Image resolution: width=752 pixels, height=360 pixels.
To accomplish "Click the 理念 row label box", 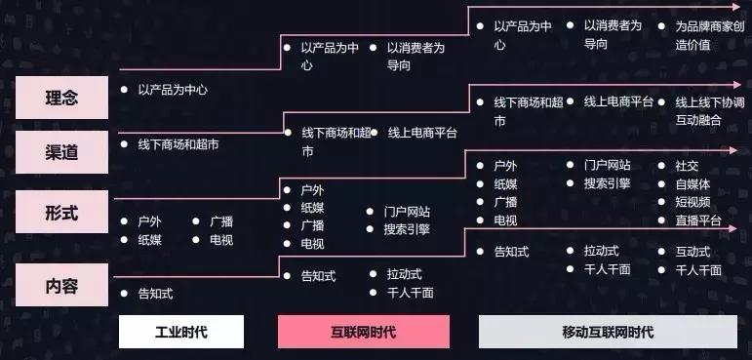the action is pos(61,98).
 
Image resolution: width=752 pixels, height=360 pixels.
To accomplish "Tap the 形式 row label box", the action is pos(61,211).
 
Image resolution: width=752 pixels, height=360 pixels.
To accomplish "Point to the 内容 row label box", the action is pos(61,286).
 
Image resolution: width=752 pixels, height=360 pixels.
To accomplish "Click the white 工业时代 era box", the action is pos(180,332).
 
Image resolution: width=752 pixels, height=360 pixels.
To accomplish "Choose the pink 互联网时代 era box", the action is pos(364,332).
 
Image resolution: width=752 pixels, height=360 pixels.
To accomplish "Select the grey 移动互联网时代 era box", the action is pos(609,332).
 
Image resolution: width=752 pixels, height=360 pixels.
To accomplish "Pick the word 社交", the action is pos(687,165).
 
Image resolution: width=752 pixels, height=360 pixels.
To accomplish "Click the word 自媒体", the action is pos(693,183).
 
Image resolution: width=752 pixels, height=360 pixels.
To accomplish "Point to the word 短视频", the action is pos(693,202).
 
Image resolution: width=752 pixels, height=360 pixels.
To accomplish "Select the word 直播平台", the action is pos(698,220).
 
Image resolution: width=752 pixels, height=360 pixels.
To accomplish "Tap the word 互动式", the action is pos(693,252).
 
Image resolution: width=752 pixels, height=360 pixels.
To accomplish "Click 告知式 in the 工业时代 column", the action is pos(155,293).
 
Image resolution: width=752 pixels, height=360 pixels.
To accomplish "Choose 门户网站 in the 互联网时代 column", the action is pos(407,211).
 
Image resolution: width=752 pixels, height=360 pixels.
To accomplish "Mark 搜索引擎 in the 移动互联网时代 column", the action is pos(608,183).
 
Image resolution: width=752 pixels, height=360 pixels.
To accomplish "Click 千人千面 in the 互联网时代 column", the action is pos(411,293).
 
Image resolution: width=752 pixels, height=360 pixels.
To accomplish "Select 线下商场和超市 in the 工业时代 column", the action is pos(178,144).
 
